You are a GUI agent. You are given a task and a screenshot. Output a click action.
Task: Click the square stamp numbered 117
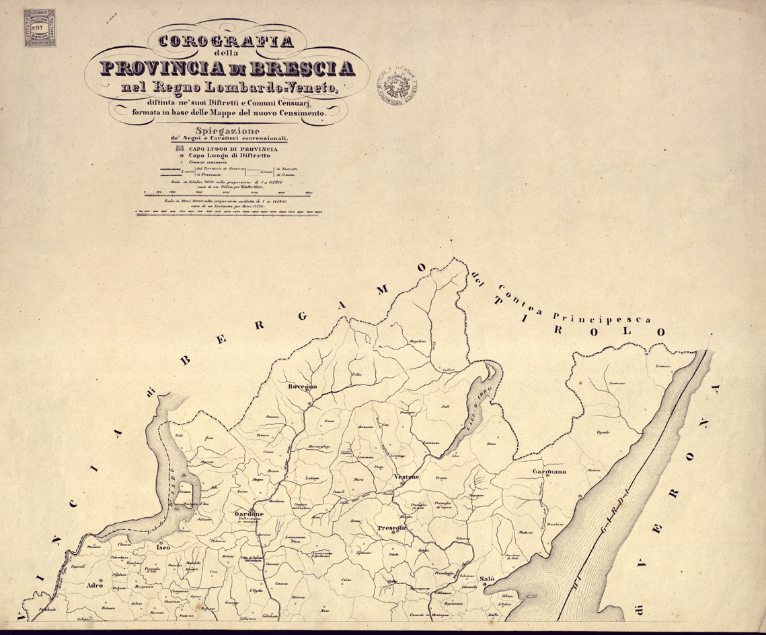(x=40, y=28)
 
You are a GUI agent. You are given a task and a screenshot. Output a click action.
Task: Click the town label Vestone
(x=406, y=477)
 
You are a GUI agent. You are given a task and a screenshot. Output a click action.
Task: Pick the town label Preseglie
(x=391, y=528)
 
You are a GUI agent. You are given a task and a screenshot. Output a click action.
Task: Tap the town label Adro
(x=95, y=586)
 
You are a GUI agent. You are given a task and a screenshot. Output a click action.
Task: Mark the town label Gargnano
(x=549, y=472)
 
